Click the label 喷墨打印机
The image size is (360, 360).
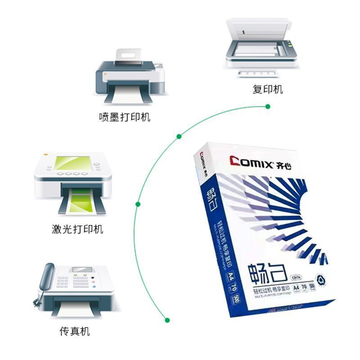pos(125,117)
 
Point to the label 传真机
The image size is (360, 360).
pos(75,332)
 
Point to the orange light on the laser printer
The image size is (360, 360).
pos(45,154)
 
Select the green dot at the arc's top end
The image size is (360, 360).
pos(268,107)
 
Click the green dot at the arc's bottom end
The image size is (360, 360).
pos(167,320)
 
